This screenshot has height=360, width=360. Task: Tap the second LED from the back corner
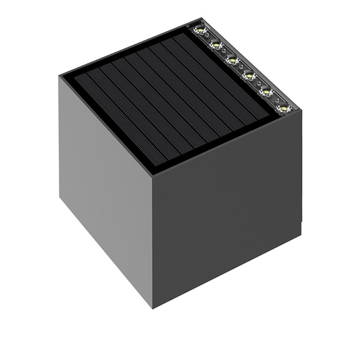[x=216, y=44]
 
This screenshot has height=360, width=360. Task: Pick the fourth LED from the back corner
[x=249, y=75]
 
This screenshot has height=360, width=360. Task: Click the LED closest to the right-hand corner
[x=283, y=108]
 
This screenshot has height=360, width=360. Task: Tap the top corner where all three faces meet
[x=152, y=176]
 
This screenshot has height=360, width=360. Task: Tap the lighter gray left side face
[x=104, y=191]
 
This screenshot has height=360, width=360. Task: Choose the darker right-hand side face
[x=226, y=218]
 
